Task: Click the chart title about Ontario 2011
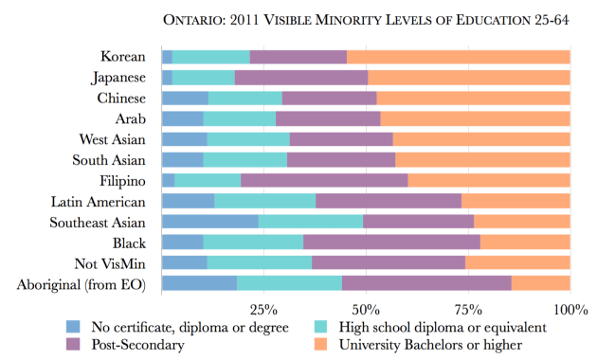point(366,19)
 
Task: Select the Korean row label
point(123,57)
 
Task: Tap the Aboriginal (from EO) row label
point(82,283)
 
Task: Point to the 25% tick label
point(263,309)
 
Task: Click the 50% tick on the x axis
point(366,309)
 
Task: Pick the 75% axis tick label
point(467,309)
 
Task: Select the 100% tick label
point(569,309)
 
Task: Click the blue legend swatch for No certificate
point(73,327)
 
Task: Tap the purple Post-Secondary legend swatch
point(73,344)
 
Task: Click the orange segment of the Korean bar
point(458,57)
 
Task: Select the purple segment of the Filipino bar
point(324,180)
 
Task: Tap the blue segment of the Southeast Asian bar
point(209,222)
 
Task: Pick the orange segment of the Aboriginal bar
point(540,283)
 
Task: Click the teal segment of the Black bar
point(253,243)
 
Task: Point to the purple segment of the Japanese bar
point(300,78)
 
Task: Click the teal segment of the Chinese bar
point(244,99)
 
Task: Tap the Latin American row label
point(99,201)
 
